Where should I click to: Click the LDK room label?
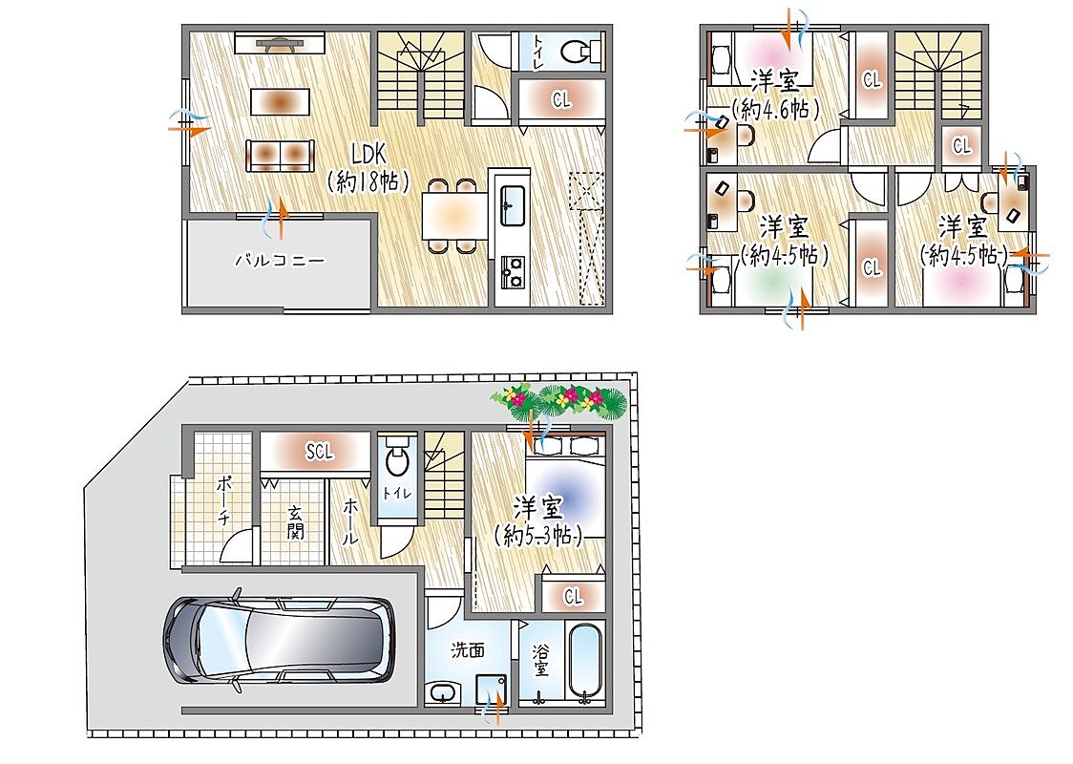click(x=368, y=153)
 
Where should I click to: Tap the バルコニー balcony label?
click(x=279, y=260)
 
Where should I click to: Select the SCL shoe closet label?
click(x=319, y=451)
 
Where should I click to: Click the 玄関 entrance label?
click(x=295, y=522)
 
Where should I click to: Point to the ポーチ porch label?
click(x=223, y=500)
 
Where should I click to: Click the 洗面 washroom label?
click(x=468, y=649)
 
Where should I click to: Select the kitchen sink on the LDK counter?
click(x=513, y=204)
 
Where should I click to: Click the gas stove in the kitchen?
click(x=513, y=272)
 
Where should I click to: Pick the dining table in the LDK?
click(x=454, y=215)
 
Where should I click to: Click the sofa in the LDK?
click(x=280, y=156)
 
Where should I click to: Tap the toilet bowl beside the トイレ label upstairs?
click(x=580, y=51)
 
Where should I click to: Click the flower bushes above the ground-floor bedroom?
click(x=558, y=400)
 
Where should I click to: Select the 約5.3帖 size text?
click(x=538, y=536)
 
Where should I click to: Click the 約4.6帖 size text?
click(x=775, y=110)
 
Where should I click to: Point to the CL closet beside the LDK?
click(x=562, y=100)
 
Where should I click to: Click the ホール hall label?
click(x=349, y=520)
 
